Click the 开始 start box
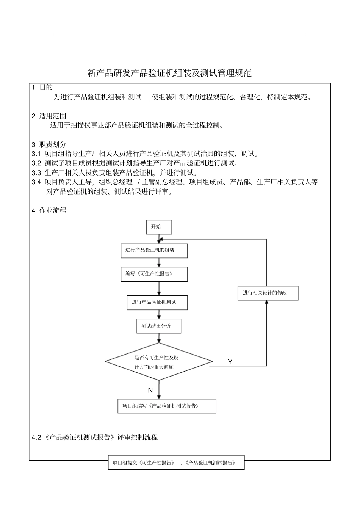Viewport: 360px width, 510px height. point(159,227)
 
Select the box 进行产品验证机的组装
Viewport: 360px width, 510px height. point(154,251)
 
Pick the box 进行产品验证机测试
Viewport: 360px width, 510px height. point(157,302)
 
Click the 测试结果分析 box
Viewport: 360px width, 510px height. point(158,326)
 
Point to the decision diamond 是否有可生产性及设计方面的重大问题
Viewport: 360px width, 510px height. point(159,362)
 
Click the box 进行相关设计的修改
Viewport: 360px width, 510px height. point(268,293)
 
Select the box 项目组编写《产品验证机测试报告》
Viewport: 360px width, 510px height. point(167,406)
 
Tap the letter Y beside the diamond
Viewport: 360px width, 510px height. point(230,362)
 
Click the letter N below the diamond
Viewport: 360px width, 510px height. point(150,390)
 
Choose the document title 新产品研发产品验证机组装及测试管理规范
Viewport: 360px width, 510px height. point(169,73)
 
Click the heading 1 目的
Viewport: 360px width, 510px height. point(42,88)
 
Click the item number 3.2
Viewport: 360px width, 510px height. point(36,163)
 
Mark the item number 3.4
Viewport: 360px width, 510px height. point(36,182)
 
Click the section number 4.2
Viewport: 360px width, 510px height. point(36,437)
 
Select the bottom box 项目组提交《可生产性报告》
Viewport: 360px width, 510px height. point(176,463)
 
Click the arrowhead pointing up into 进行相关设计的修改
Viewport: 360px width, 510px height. point(266,303)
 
